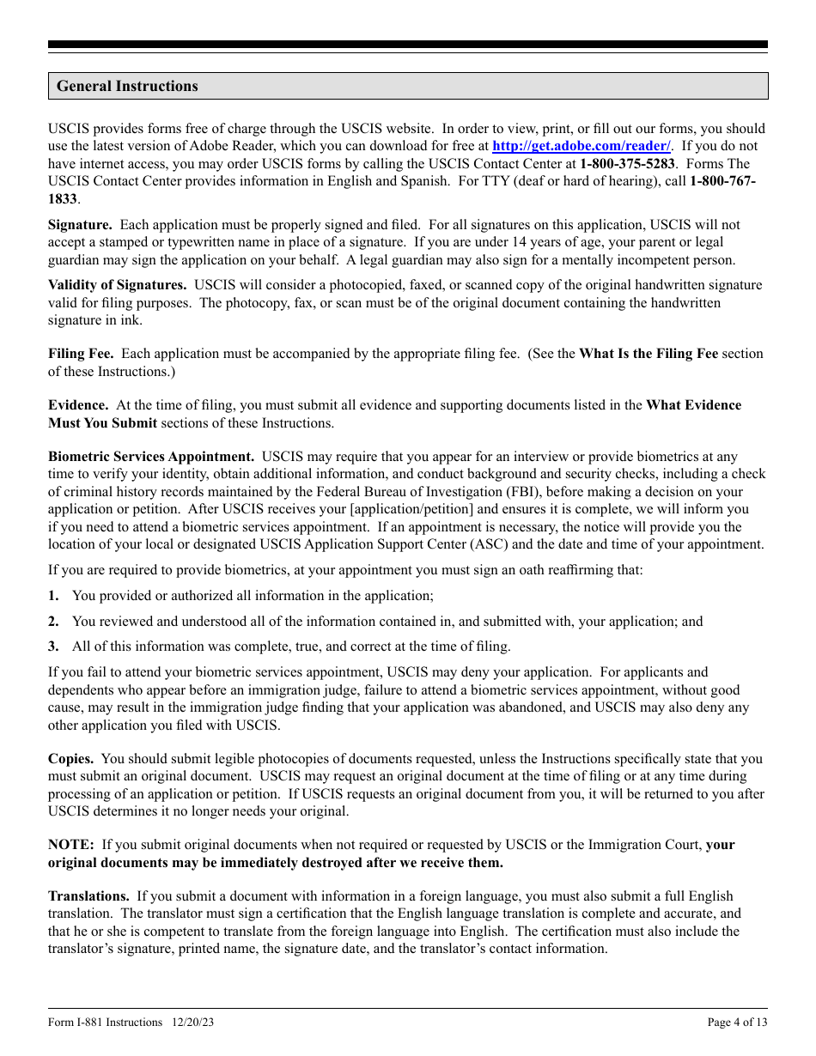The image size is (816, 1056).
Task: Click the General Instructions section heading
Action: click(127, 86)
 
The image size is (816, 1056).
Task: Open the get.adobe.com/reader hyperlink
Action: click(582, 146)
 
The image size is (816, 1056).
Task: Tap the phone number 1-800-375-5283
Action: click(628, 163)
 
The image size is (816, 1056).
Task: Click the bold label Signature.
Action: click(80, 225)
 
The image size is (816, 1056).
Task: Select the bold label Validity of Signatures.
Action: click(117, 285)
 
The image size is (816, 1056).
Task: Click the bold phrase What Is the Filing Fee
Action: click(649, 354)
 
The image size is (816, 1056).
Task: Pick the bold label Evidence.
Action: click(78, 405)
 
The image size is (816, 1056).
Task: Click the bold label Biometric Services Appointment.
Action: click(151, 457)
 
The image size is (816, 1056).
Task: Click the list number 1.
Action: click(53, 596)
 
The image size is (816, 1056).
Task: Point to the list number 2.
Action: click(53, 622)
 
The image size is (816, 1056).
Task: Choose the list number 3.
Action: click(53, 646)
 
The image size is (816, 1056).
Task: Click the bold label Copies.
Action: click(71, 759)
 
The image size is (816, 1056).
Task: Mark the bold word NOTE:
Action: click(70, 845)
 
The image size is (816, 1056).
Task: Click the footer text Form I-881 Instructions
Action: click(105, 1022)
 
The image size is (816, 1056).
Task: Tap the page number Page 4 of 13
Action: click(737, 1022)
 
